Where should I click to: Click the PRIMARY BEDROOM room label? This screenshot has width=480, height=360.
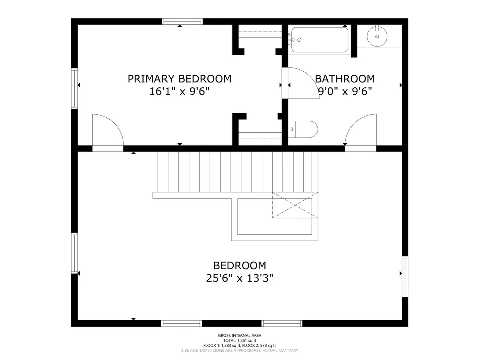pos(179,79)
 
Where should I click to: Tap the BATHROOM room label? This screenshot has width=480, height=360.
pos(345,79)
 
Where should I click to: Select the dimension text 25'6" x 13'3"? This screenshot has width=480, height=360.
pos(240,279)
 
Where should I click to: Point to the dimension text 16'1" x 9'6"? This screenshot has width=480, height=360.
pos(179,91)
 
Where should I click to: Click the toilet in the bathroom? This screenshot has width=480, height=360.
pos(303,129)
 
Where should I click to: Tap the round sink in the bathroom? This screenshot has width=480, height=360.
pos(377,36)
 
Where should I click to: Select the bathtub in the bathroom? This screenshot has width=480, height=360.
pos(320,40)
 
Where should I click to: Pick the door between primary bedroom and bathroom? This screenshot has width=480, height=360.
pos(303,83)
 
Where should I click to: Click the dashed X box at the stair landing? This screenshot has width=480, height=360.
pos(295,205)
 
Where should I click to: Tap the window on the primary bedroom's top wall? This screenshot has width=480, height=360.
pos(182,21)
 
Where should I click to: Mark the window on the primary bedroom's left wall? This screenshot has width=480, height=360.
pos(75,88)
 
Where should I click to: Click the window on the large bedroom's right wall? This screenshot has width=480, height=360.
pos(405,276)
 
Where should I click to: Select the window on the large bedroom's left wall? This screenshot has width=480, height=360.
pos(75,253)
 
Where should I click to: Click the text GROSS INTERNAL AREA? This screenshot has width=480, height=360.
pos(240,336)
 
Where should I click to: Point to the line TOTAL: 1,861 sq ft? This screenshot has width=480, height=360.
pos(240,340)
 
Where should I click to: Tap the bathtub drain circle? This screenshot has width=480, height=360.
pos(299,40)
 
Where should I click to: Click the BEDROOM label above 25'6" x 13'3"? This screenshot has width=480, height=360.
pos(240,266)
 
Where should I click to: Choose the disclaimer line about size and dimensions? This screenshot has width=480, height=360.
pos(240,351)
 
